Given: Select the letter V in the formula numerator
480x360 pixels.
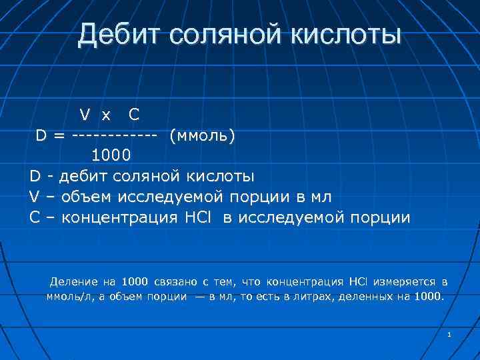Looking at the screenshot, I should coord(86,115).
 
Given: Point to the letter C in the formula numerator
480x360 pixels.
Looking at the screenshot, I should coord(134,115).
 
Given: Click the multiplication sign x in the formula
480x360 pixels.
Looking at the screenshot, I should coord(106,116).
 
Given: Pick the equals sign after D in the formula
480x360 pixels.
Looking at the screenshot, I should coord(60,135).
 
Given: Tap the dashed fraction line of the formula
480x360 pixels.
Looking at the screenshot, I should coord(114,135).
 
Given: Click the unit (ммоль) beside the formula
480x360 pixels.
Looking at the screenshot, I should coord(203,135).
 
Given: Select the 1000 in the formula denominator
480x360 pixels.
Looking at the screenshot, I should coord(111,156).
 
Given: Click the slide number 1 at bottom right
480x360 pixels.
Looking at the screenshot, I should coord(449,333).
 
